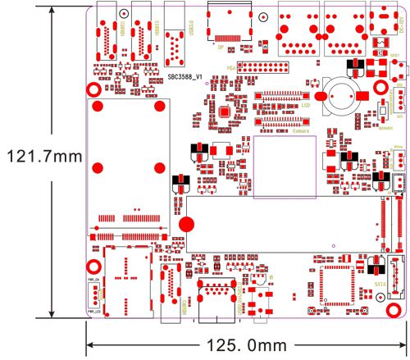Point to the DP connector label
[221, 48]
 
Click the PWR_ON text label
[93, 280]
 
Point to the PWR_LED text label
[93, 311]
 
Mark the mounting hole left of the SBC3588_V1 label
[94, 90]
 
